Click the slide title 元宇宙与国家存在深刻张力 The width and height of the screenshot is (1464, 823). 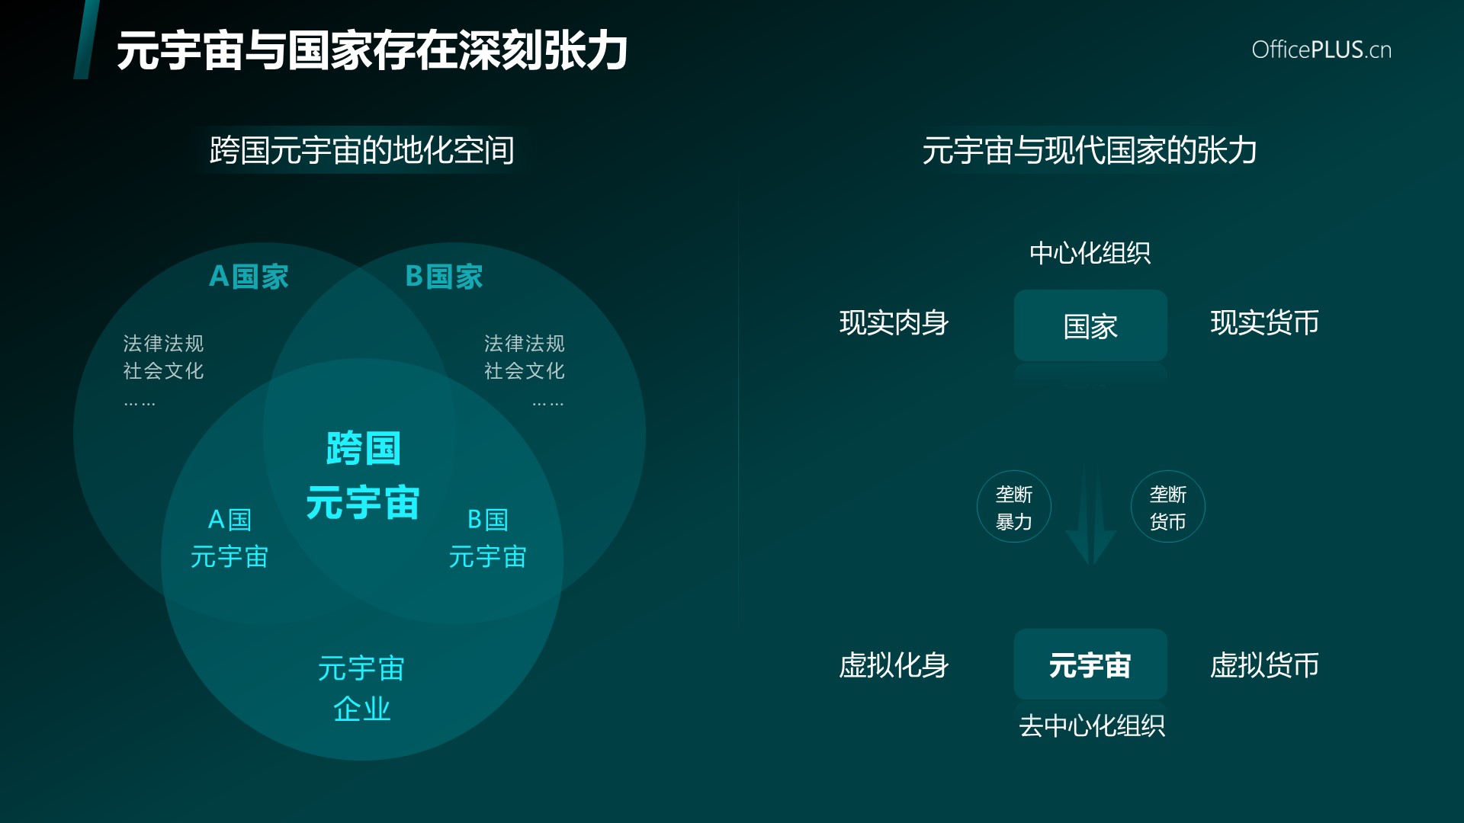[x=372, y=51]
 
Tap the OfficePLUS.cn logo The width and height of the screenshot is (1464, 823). [x=1321, y=50]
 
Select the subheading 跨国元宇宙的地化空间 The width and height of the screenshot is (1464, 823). [x=362, y=150]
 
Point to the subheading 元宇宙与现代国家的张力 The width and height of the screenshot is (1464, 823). [x=1090, y=150]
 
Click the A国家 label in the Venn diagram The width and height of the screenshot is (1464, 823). [x=249, y=277]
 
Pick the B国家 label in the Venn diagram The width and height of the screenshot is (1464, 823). [x=445, y=277]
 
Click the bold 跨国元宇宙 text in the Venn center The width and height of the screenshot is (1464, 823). [x=363, y=476]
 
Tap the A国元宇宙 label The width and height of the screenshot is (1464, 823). [x=230, y=538]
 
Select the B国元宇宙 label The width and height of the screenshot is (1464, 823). [x=488, y=538]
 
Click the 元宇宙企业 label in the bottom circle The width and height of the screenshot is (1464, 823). [x=361, y=688]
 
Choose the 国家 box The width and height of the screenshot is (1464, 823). [x=1090, y=325]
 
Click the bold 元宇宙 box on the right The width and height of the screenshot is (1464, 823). [x=1090, y=664]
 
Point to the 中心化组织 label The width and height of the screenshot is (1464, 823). [x=1090, y=253]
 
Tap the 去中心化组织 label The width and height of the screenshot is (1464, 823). [x=1092, y=725]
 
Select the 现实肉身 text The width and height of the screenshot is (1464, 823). [x=894, y=323]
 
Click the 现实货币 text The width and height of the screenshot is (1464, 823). [x=1265, y=323]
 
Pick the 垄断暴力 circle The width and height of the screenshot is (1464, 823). [x=1014, y=507]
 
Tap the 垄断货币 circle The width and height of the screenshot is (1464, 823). [x=1168, y=507]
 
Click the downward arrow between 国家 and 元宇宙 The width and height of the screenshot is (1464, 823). [x=1091, y=514]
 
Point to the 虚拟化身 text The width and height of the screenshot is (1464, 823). [x=894, y=665]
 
